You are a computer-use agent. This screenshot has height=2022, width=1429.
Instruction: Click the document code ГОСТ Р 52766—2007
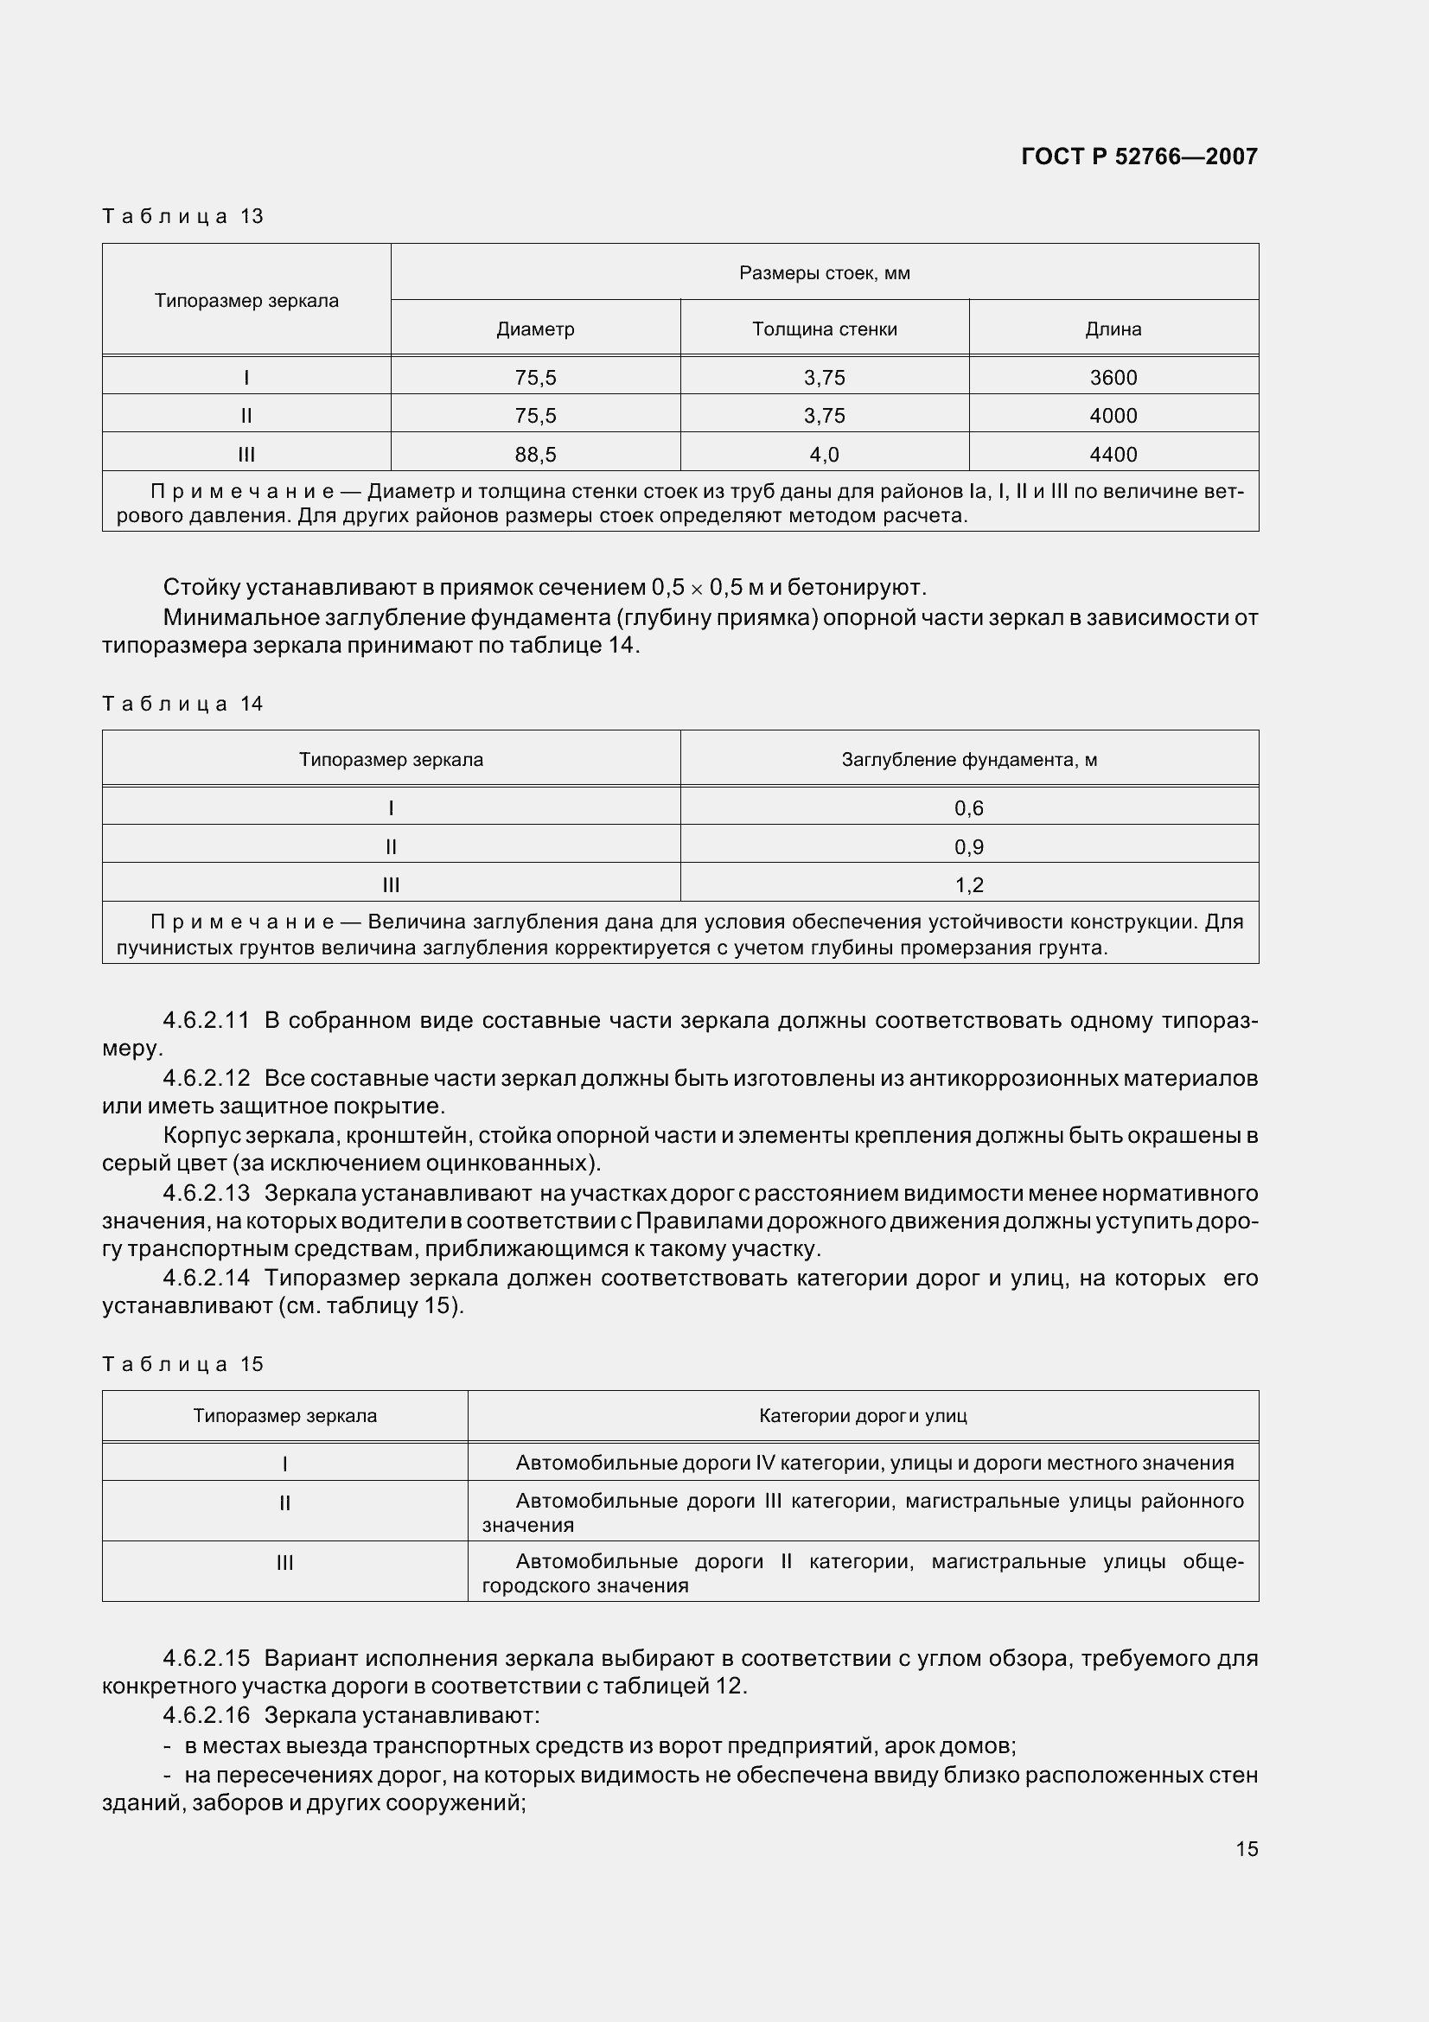(1139, 156)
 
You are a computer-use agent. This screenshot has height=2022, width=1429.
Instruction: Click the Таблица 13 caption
(183, 217)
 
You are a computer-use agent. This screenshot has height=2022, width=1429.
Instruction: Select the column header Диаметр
(535, 329)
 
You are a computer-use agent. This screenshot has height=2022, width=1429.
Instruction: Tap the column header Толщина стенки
(824, 329)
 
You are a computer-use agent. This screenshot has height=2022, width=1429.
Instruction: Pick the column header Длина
(1113, 329)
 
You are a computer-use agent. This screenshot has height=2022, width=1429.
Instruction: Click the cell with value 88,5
(535, 455)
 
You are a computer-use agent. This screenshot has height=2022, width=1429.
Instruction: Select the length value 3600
(1113, 378)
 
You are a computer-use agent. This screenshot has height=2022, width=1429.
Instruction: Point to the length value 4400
(1113, 455)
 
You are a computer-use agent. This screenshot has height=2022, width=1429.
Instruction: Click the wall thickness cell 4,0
(824, 455)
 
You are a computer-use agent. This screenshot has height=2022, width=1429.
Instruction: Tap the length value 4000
(1113, 416)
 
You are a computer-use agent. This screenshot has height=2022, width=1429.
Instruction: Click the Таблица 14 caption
(183, 704)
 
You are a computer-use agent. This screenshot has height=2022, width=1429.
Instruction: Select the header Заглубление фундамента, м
(968, 760)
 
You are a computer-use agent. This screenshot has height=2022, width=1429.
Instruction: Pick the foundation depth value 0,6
(968, 808)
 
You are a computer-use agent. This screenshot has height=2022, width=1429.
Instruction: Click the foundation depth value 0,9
(968, 847)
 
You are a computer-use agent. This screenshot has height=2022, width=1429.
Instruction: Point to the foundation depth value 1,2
(968, 885)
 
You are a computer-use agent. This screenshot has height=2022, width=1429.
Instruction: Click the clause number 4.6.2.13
(206, 1193)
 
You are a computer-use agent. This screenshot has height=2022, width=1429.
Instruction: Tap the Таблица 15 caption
(183, 1364)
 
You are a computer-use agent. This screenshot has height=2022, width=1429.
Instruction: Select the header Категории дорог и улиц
(863, 1416)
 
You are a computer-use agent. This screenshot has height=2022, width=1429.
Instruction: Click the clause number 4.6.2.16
(206, 1715)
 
